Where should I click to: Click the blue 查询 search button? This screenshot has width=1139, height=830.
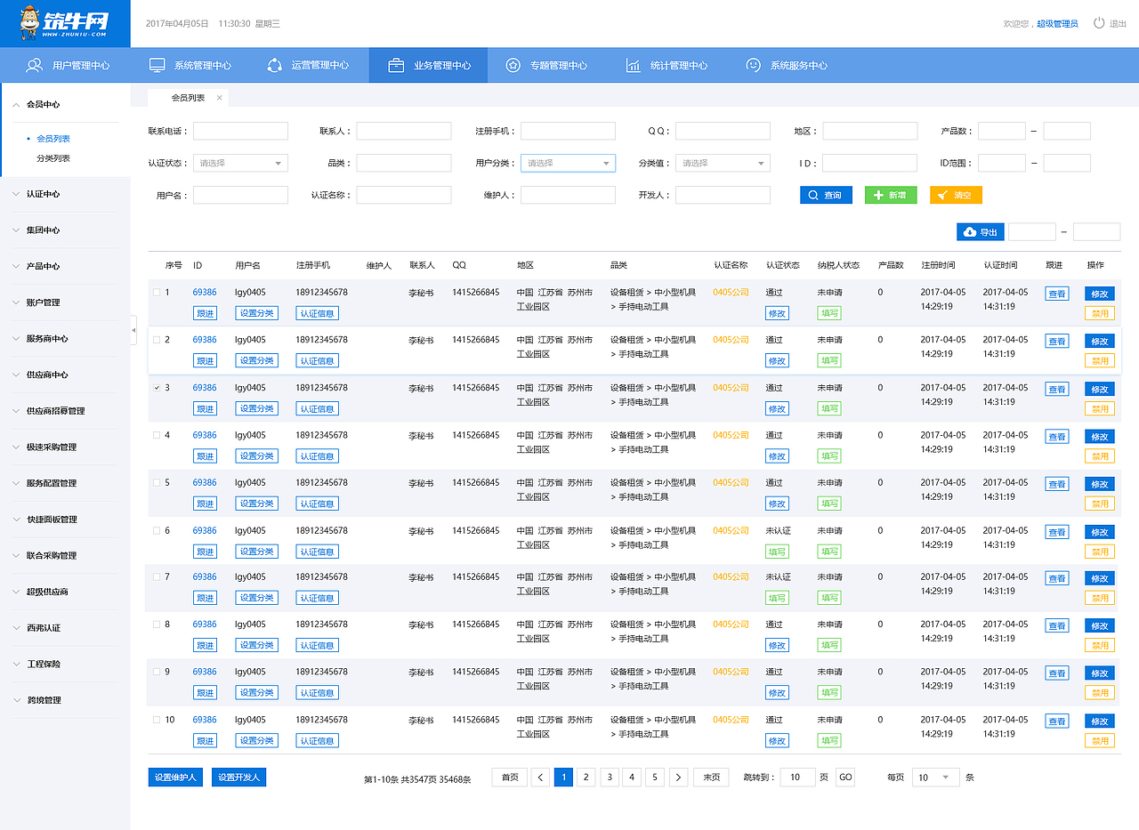coord(826,195)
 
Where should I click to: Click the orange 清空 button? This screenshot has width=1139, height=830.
coord(956,195)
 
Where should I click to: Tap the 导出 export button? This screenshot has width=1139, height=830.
coord(981,232)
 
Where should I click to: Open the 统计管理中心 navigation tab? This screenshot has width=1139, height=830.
coord(666,66)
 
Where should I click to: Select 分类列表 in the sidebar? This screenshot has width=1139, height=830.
coord(53,158)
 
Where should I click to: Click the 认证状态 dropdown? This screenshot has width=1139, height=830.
coord(240,163)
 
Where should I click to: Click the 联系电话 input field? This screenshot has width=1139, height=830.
coord(240,131)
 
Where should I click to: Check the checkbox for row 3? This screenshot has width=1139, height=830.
coord(157,388)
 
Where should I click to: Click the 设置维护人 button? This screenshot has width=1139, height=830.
coord(175,778)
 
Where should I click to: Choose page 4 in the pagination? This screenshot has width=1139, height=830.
coord(632,778)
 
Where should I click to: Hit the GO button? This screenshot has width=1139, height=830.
coord(845,778)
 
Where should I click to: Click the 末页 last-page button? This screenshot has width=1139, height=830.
coord(711,778)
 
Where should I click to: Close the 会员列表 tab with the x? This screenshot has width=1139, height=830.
coord(219,98)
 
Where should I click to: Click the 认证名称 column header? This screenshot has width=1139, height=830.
coord(731,265)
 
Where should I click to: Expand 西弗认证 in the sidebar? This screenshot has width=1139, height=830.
coord(44,628)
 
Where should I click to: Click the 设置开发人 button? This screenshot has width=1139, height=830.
coord(239,778)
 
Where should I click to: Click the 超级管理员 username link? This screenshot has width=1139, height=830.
coord(1057,23)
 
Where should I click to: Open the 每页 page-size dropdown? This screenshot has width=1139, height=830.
coord(935,778)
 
